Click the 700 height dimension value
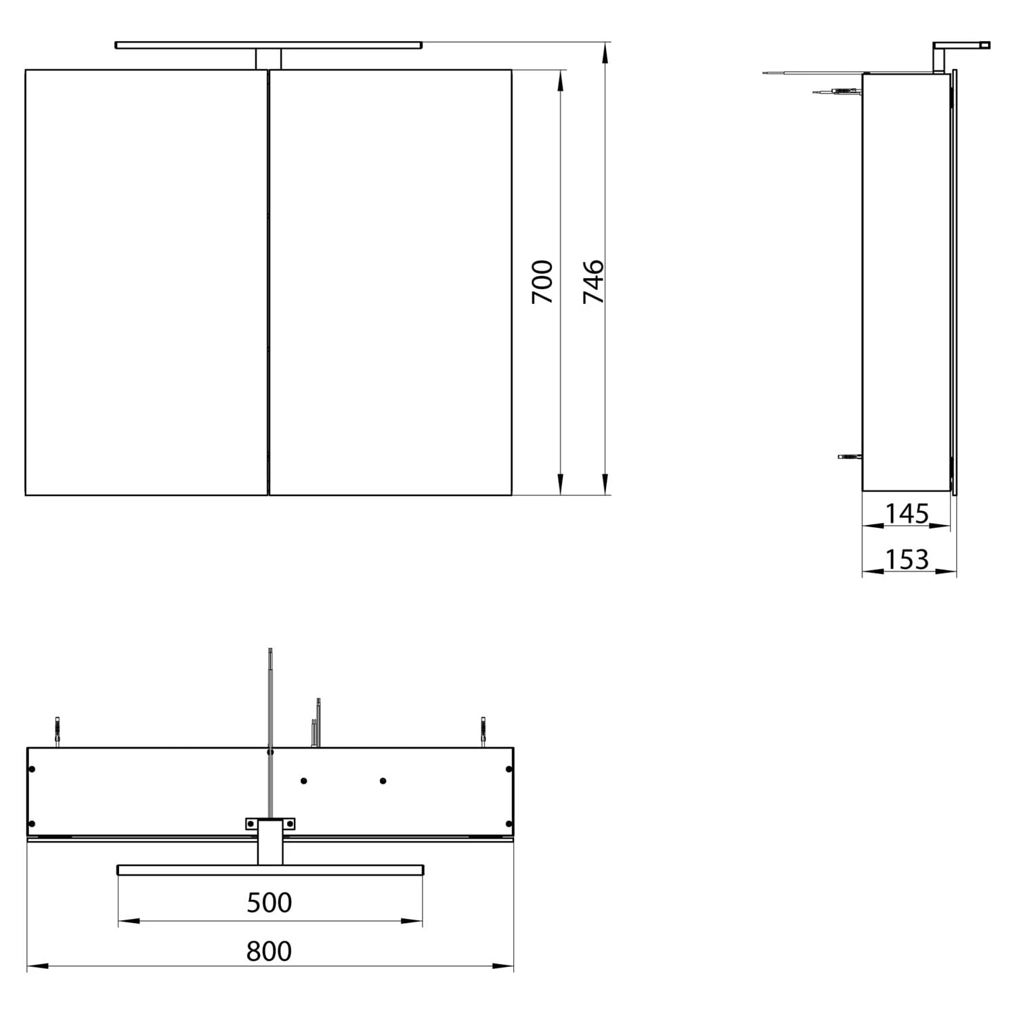[542, 281]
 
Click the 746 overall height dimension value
[593, 281]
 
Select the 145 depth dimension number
[907, 514]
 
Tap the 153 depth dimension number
[907, 560]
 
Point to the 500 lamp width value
[269, 903]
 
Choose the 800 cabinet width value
[269, 951]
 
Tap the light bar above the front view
[268, 45]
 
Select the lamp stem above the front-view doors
[268, 59]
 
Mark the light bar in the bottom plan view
[270, 870]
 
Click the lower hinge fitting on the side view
[849, 456]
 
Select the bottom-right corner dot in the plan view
[509, 824]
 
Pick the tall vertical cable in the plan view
[270, 731]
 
